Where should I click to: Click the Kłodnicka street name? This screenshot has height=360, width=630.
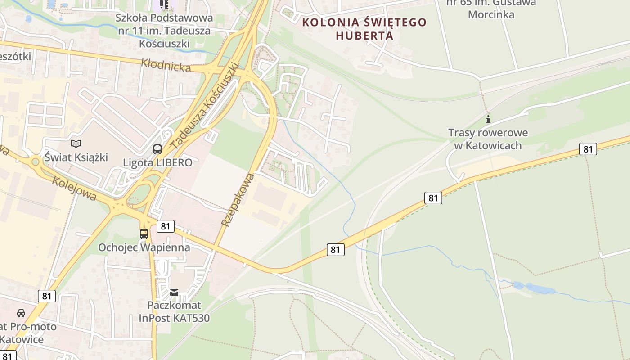tap(166, 65)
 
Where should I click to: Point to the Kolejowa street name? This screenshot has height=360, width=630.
tap(74, 188)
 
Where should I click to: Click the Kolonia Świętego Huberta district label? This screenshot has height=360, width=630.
tap(364, 28)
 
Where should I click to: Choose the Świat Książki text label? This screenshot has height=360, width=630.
tap(76, 157)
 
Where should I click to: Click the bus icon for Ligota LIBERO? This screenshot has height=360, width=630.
tap(157, 149)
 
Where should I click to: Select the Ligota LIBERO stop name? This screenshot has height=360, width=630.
tap(157, 162)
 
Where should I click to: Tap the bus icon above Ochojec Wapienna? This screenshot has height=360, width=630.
tap(144, 234)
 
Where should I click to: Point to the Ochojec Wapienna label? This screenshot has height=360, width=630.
tap(144, 247)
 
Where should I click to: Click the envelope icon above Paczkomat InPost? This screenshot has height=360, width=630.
tap(174, 292)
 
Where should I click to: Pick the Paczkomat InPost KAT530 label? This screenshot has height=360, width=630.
tap(174, 311)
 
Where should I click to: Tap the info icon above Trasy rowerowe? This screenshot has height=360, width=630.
tap(488, 120)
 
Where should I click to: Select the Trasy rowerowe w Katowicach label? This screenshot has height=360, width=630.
tap(488, 139)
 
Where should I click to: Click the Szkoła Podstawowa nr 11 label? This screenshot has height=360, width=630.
tap(164, 31)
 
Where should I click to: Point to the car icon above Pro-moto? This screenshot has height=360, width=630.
tap(21, 313)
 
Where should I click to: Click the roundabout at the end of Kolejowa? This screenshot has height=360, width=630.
tap(36, 161)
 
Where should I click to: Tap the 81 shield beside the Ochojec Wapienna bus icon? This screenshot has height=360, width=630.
tap(166, 226)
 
